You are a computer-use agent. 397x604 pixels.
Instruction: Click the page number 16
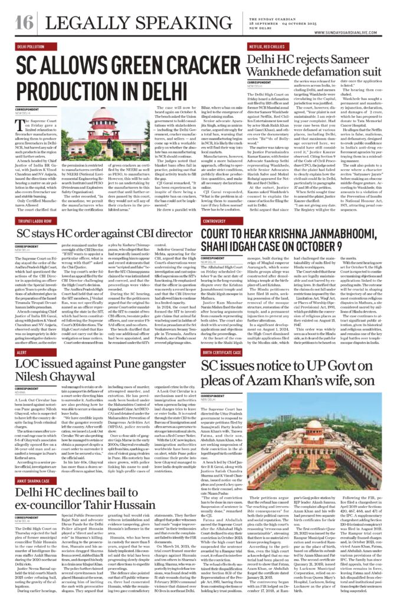pos(25,22)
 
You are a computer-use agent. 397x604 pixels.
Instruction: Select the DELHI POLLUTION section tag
pos(35,46)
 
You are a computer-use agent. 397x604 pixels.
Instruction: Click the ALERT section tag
pos(22,352)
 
